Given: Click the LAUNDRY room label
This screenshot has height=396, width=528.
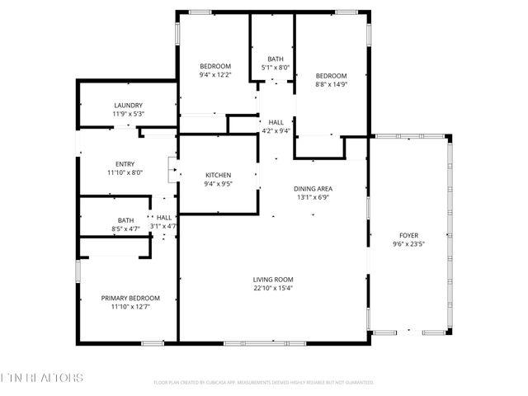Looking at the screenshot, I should [x=128, y=106].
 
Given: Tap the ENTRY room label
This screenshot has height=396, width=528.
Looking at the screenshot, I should [x=125, y=164].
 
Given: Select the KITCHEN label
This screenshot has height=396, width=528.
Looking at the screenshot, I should [x=218, y=175].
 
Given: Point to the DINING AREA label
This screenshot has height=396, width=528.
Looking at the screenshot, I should [x=313, y=189].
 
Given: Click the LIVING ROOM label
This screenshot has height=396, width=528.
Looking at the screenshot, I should [x=273, y=279].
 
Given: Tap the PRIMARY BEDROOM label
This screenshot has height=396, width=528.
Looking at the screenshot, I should [x=130, y=298].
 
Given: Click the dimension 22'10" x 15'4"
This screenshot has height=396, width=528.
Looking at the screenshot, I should [x=273, y=288].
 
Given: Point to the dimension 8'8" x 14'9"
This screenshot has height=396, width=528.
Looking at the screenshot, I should [x=331, y=83].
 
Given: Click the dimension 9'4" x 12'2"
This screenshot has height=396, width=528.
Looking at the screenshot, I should [x=215, y=75].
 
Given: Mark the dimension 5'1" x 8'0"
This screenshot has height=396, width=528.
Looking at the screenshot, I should [x=275, y=67].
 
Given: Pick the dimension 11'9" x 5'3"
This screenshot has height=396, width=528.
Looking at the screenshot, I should [x=128, y=114].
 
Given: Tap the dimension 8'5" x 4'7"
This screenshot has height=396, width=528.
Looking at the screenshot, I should [x=125, y=229].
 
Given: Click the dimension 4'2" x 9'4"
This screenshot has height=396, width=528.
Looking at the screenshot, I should [x=276, y=130].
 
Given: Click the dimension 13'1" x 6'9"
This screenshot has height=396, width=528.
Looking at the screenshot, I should [x=313, y=198].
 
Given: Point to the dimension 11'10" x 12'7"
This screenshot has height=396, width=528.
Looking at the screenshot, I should [x=130, y=307].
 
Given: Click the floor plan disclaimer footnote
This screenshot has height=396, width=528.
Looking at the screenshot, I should [x=264, y=383].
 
